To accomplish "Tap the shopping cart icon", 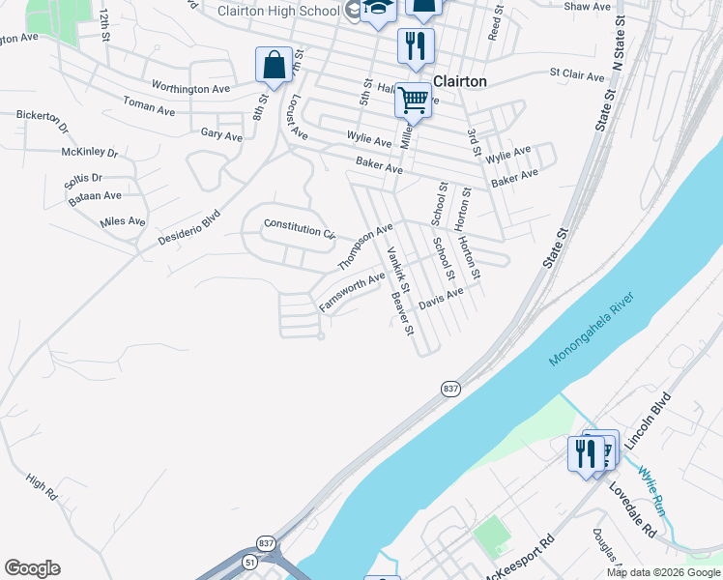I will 413,99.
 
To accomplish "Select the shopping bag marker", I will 274,66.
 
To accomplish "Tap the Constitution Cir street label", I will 299,230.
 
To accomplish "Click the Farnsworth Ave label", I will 352,292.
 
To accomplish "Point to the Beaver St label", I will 402,311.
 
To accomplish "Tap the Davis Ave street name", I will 441,298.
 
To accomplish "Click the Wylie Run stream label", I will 652,488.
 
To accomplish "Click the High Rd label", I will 43,486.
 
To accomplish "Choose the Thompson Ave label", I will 365,246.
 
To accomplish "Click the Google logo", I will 32,568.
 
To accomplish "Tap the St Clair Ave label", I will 577,72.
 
